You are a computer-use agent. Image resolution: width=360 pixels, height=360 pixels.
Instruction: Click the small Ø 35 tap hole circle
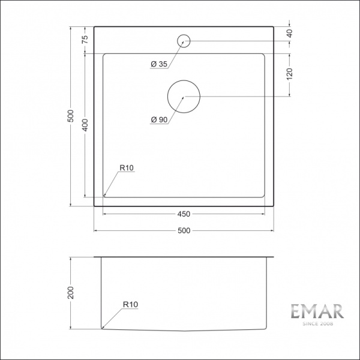coord(184,41)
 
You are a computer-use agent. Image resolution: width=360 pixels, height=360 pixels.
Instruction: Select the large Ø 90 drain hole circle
coord(184,96)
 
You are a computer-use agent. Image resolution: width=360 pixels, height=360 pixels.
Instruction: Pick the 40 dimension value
coord(290,34)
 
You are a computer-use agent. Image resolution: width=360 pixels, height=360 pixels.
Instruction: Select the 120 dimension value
coord(290,73)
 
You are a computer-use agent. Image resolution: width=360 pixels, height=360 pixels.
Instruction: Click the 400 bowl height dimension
coord(85,125)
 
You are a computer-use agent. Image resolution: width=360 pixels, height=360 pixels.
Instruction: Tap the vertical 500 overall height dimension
coord(70,116)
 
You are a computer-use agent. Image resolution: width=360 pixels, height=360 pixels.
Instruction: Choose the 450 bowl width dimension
coord(184,214)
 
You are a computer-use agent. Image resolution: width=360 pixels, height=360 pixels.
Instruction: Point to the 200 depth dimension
coord(70,293)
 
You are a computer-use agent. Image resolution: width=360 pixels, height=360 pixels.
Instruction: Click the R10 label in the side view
coord(130,305)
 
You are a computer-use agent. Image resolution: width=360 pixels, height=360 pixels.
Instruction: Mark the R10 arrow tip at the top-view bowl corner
coord(104,196)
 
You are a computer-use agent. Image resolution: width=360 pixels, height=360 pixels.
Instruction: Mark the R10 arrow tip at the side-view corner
coord(102,328)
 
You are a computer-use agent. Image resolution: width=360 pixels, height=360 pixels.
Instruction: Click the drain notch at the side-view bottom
coord(184,331)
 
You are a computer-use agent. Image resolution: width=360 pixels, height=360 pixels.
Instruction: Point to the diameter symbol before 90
coord(154,119)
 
